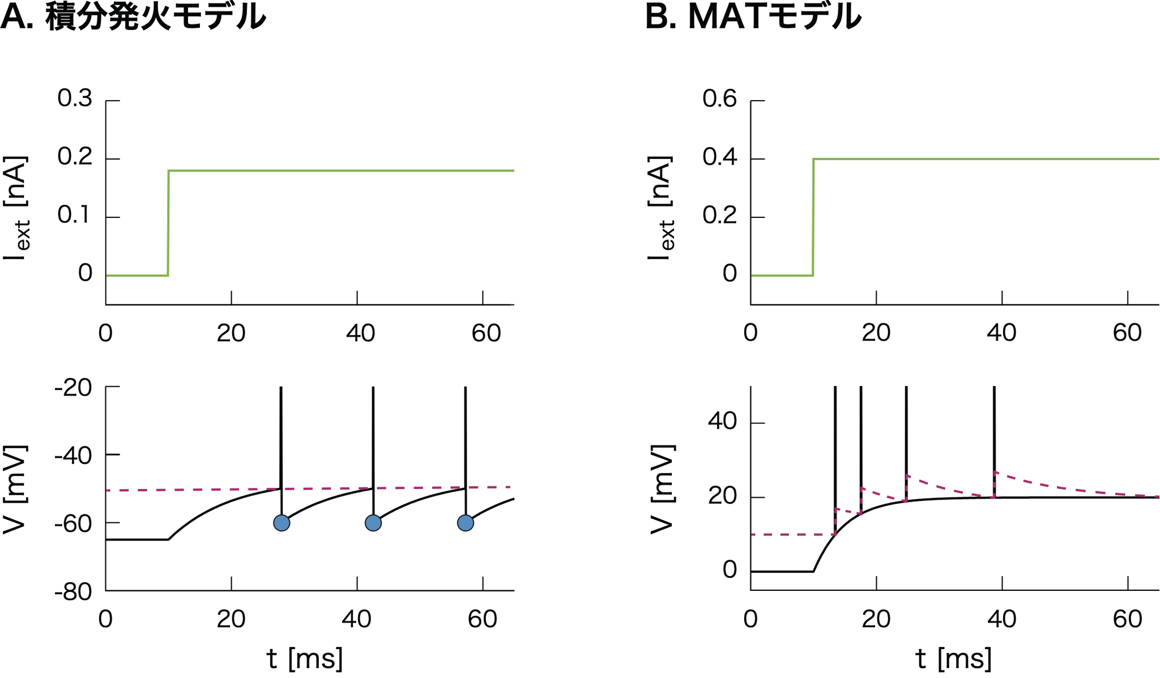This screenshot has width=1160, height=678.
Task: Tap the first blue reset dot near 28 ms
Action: tap(282, 523)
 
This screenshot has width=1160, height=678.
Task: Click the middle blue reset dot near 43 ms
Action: tap(373, 523)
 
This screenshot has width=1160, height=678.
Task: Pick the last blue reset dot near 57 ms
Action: tap(466, 523)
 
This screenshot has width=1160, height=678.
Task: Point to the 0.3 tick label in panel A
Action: tap(75, 99)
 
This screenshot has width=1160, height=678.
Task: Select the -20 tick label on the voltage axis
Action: tap(73, 389)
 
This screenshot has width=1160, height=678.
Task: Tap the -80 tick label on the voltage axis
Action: tap(73, 593)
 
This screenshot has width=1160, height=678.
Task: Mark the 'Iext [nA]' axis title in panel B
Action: tap(662, 208)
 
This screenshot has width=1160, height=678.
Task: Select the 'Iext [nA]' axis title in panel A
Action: tap(16, 208)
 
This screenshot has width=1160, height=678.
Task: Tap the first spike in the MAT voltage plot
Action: tap(835, 441)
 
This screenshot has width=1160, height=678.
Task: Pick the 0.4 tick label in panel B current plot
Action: tap(720, 158)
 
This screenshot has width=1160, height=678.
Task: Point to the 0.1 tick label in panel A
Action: tap(75, 216)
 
